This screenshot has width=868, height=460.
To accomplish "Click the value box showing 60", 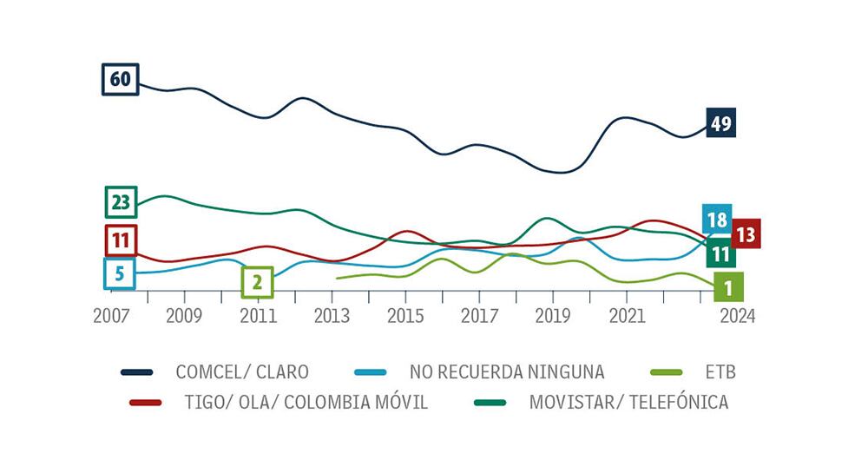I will pos(120,80).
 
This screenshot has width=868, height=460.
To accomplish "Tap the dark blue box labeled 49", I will pos(720,123).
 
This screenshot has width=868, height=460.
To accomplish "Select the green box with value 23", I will pos(121,203).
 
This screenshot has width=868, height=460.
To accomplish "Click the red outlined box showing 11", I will pos(121,240).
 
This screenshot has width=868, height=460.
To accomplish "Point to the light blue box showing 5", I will pos(120,274).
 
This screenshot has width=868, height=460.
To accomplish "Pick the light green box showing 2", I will pos(257,282).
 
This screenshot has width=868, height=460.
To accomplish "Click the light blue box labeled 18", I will pos(717,220).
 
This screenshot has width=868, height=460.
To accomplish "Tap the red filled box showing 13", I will pos(746,233).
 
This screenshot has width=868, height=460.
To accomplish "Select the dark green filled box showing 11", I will pos(720,253).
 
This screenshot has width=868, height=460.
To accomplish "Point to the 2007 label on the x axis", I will pos(110,316).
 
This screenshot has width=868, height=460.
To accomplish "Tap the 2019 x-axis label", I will pos(552,316).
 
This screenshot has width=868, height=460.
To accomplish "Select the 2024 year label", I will pos(737,316).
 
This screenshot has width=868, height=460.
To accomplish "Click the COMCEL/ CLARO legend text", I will pos(241,372).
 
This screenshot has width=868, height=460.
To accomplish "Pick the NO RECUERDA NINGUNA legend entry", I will pos(506,372).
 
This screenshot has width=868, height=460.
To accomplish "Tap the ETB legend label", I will pos(720,372).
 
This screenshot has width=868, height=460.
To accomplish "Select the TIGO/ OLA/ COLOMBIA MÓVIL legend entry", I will pos(306,403).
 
